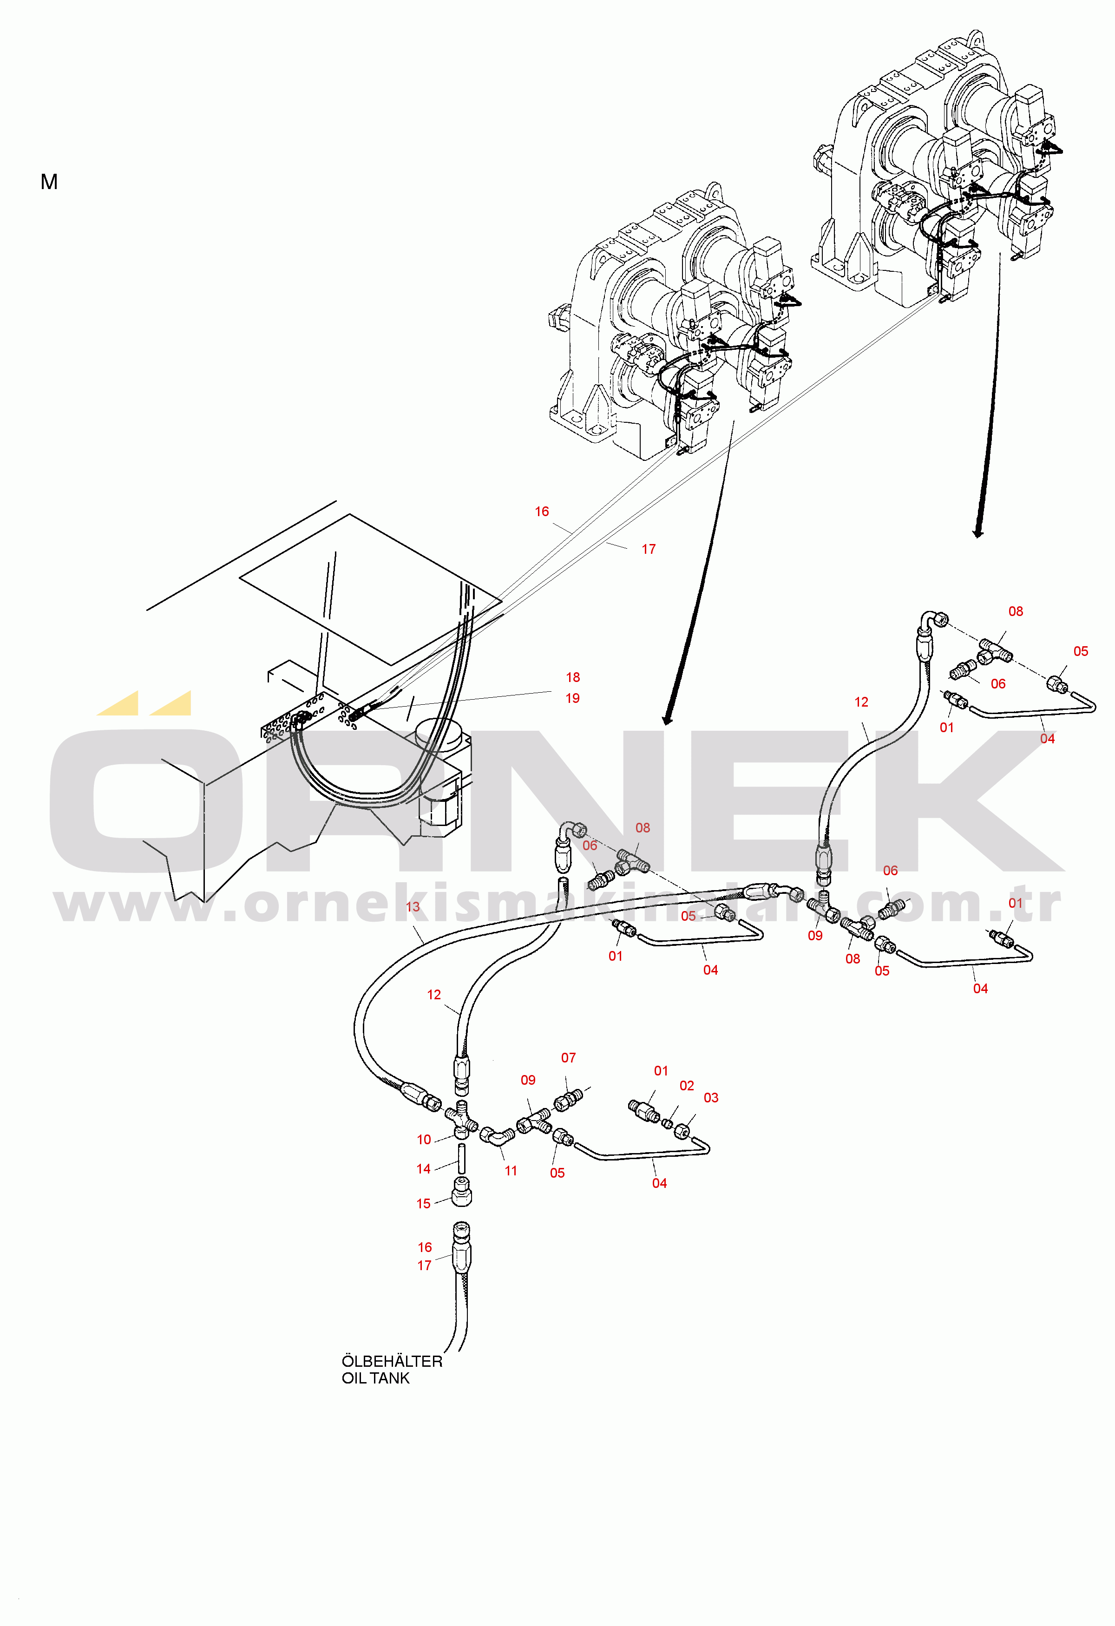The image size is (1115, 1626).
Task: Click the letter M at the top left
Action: [49, 182]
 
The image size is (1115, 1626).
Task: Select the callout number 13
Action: [413, 907]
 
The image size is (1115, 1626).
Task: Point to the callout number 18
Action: [573, 677]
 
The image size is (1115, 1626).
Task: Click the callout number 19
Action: [573, 698]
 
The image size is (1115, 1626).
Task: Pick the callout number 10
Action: [424, 1140]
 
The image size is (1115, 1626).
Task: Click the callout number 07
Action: [569, 1058]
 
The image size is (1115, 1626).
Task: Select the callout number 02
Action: [687, 1086]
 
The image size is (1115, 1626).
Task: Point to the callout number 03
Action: [711, 1098]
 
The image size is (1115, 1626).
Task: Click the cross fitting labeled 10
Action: [461, 1121]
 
